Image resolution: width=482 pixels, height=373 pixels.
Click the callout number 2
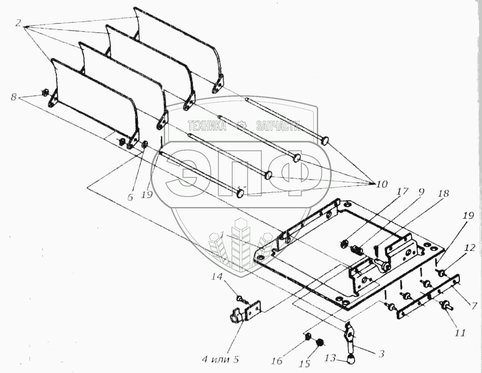[18, 22]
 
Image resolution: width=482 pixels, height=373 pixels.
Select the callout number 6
[131, 197]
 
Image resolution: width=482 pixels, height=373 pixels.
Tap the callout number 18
[442, 194]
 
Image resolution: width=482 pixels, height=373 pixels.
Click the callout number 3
[381, 354]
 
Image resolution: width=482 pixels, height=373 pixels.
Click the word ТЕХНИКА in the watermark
[207, 126]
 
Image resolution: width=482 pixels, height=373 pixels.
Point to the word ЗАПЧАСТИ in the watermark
[277, 126]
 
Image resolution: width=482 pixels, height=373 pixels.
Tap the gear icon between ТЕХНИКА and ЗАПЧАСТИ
[241, 126]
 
